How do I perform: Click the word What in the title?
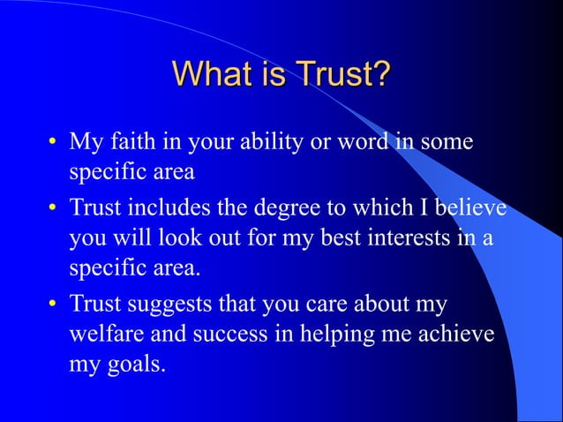(x=209, y=73)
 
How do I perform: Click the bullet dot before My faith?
(x=53, y=142)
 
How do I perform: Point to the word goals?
(x=134, y=365)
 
